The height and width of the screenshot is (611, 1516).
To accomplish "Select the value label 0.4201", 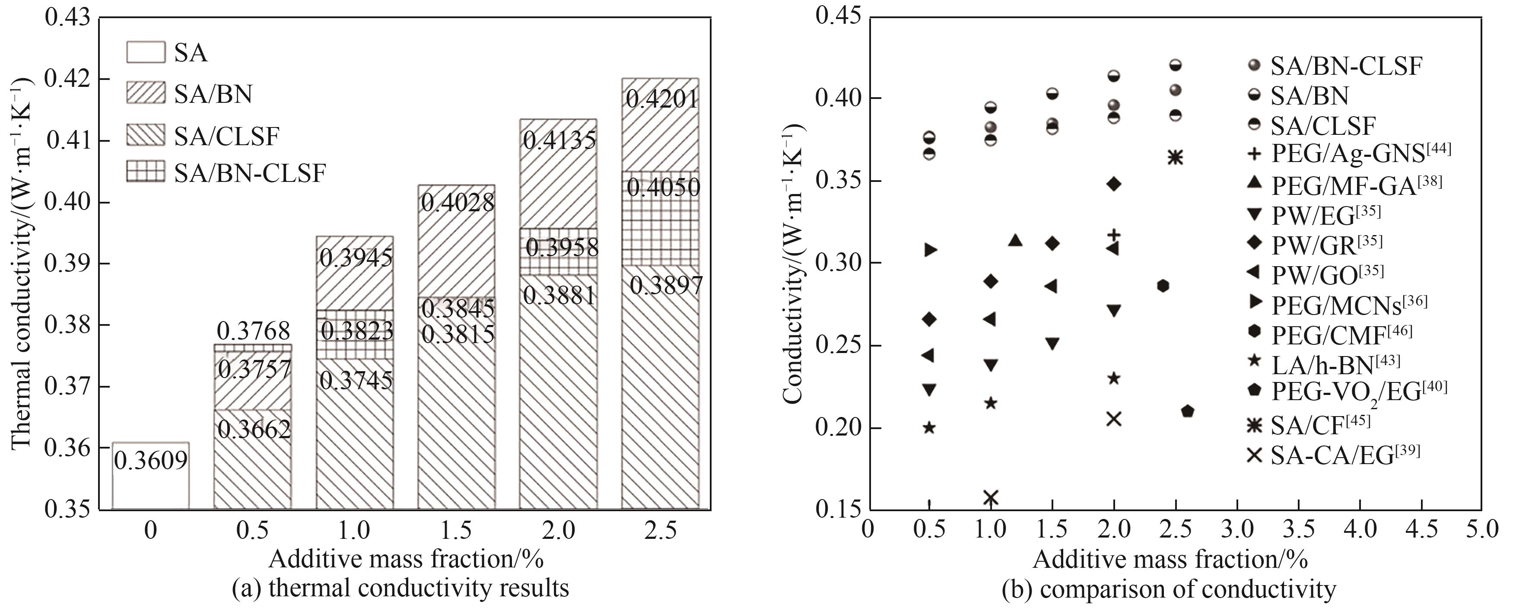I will (x=662, y=99).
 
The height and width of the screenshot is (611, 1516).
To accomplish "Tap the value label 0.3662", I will (x=254, y=430).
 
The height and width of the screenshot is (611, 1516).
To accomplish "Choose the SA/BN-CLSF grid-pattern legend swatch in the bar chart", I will (x=145, y=174).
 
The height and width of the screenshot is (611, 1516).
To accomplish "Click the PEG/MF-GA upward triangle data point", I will (x=1015, y=240).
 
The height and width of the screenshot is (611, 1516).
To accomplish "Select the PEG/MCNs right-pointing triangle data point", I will (x=930, y=250).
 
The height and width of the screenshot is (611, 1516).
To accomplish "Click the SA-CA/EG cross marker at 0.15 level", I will (x=991, y=498).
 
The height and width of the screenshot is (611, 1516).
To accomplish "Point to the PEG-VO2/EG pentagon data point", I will (x=1187, y=411).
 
